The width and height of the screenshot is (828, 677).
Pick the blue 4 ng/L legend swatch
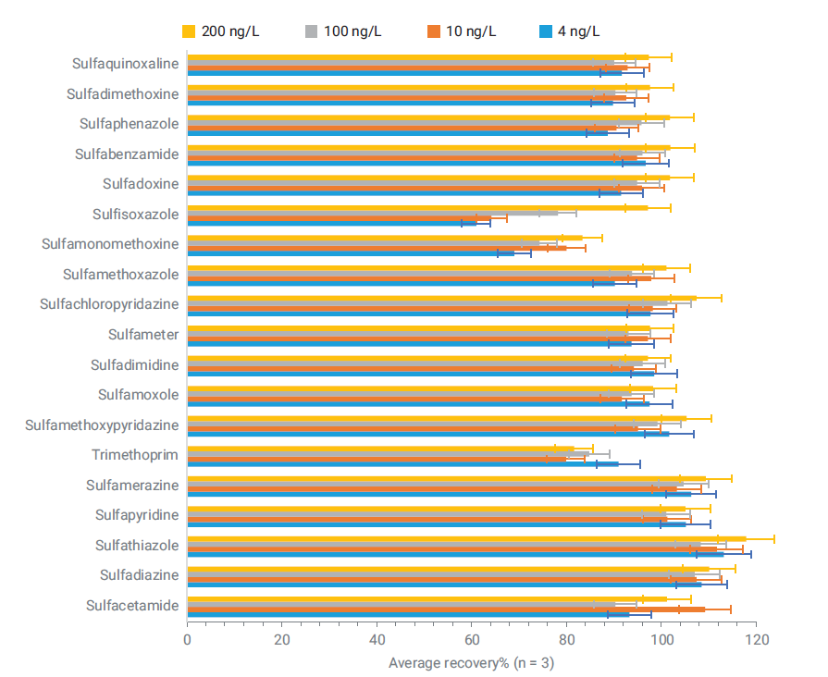(x=546, y=31)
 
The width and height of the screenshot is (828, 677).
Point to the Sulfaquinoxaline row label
(x=125, y=64)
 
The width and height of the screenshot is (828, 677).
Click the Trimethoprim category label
(x=135, y=455)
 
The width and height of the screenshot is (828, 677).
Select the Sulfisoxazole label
(x=135, y=215)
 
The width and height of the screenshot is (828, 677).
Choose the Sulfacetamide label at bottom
(x=131, y=606)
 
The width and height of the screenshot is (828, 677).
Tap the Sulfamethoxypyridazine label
(x=102, y=425)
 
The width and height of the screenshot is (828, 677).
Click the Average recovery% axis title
(x=471, y=662)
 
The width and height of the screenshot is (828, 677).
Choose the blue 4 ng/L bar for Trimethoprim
(x=402, y=463)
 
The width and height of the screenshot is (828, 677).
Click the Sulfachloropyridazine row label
(x=109, y=304)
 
